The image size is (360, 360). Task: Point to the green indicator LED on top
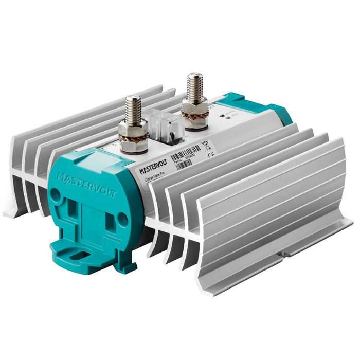click(x=220, y=117)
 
